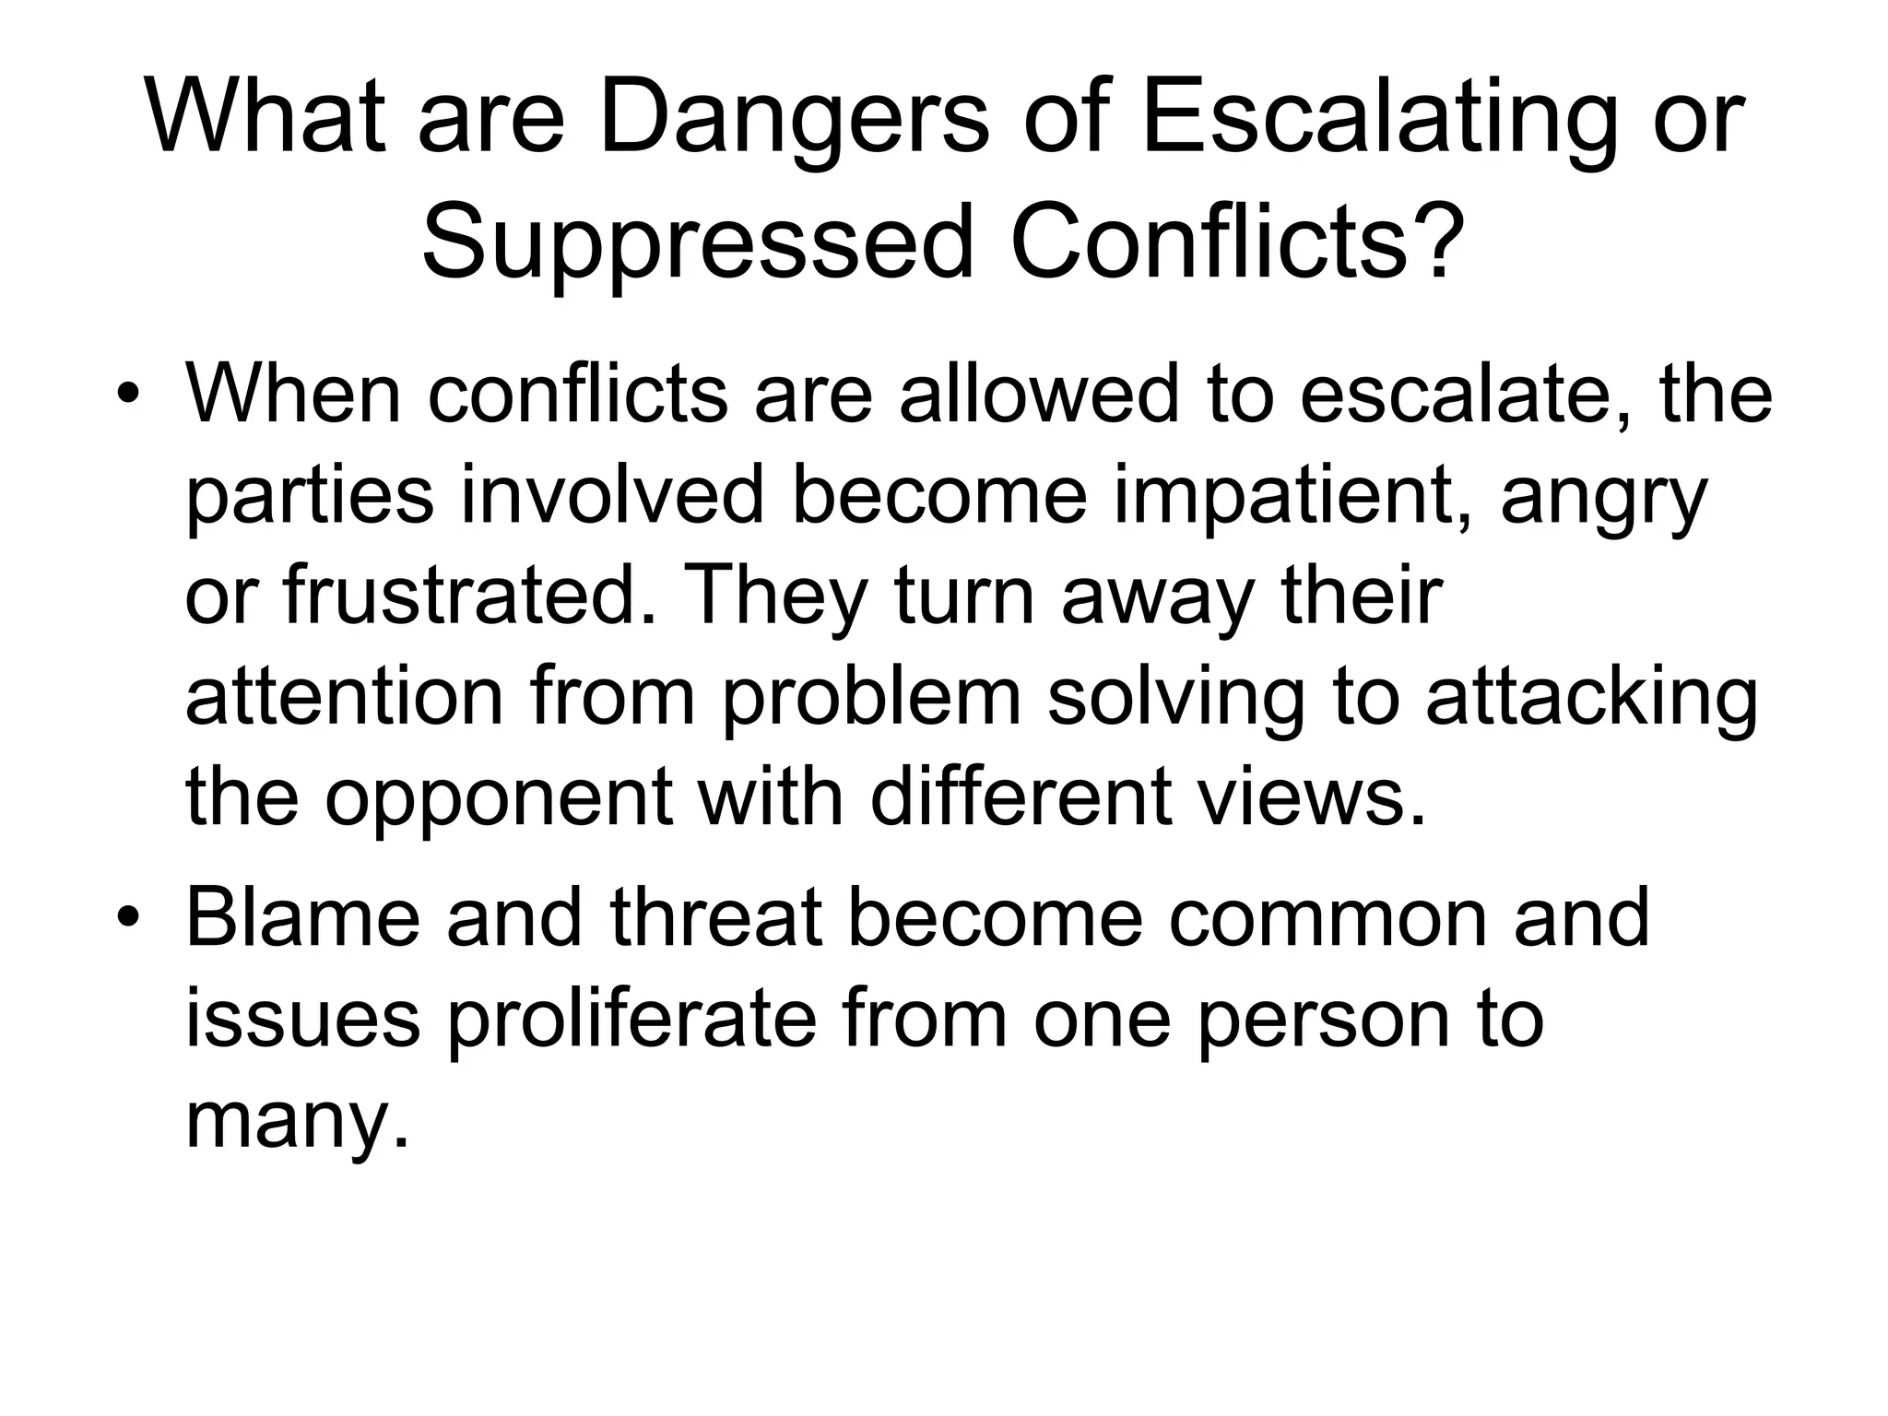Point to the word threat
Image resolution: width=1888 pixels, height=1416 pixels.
click(715, 917)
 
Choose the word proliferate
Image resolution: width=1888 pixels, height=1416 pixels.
click(632, 1021)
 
